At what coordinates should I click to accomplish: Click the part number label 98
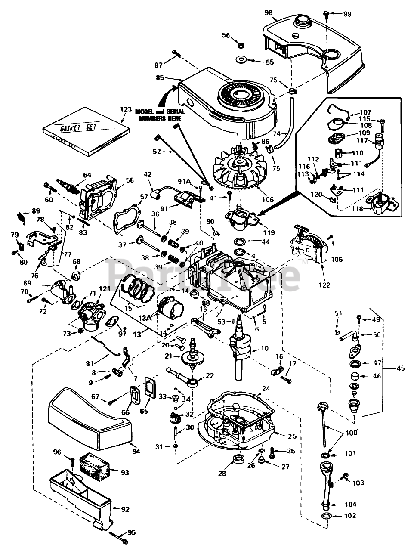click(269, 12)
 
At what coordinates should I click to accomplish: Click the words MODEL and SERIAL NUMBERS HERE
click(158, 115)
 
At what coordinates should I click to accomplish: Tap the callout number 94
click(136, 451)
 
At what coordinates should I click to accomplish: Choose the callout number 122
click(325, 285)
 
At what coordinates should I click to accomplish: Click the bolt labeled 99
click(327, 15)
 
